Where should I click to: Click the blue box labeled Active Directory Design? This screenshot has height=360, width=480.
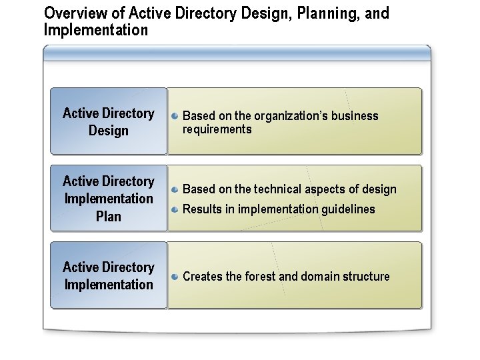tap(109, 121)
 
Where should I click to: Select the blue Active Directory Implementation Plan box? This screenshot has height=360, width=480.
tap(109, 198)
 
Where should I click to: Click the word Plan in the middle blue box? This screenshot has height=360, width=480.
tap(109, 216)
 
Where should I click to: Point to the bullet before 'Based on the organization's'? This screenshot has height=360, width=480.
tap(174, 115)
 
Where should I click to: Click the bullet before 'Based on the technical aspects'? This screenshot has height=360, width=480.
tap(174, 189)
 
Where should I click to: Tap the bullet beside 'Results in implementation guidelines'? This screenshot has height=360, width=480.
tap(174, 209)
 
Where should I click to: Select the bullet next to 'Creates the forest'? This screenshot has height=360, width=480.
tap(174, 276)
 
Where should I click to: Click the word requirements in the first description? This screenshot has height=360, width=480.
tap(217, 129)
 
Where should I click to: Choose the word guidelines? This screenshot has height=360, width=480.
tap(349, 209)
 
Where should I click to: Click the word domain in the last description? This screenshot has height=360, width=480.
tap(323, 277)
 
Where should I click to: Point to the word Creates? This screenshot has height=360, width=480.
tap(203, 277)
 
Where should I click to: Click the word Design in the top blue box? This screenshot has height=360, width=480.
tap(109, 131)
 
